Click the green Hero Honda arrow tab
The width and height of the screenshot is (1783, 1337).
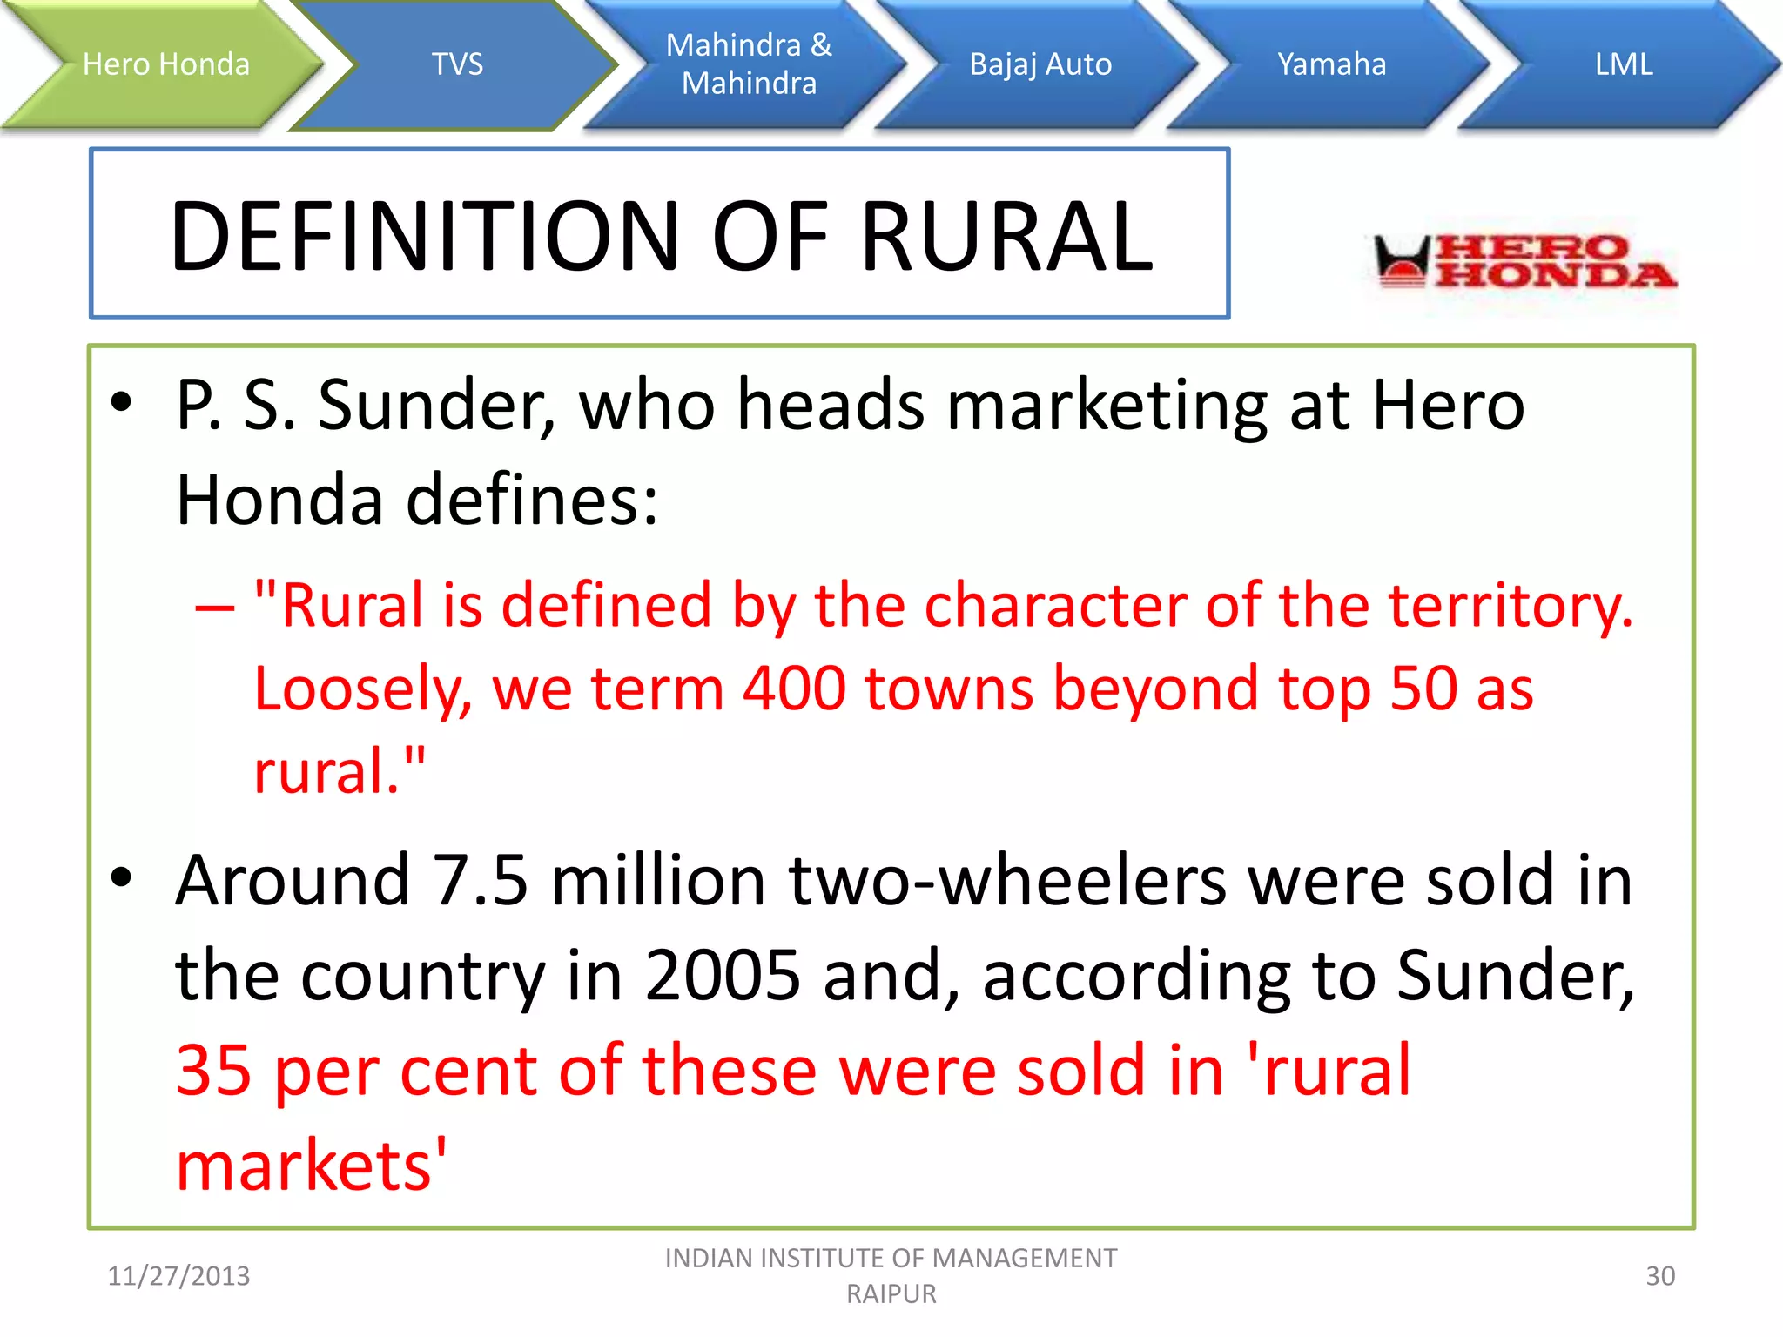[165, 64]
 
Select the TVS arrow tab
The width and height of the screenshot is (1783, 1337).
[457, 64]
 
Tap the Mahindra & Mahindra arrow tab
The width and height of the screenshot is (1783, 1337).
[749, 64]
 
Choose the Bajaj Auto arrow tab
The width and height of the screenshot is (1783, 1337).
[1040, 64]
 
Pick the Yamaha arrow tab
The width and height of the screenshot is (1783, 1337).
[1331, 64]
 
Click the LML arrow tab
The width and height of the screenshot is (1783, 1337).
[1624, 64]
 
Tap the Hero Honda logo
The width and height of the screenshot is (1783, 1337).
[1524, 261]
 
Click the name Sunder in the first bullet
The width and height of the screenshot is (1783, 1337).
[435, 406]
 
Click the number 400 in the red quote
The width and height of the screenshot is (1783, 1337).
[794, 689]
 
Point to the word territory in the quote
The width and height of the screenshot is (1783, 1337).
[1511, 605]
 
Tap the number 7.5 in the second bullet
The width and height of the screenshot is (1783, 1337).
[480, 881]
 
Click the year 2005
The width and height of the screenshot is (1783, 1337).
[722, 976]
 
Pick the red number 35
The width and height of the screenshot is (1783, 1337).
[213, 1071]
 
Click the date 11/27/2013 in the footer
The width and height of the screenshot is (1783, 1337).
[178, 1276]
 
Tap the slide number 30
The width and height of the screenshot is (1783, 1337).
[1660, 1276]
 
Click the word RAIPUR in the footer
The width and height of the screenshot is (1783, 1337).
[891, 1294]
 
